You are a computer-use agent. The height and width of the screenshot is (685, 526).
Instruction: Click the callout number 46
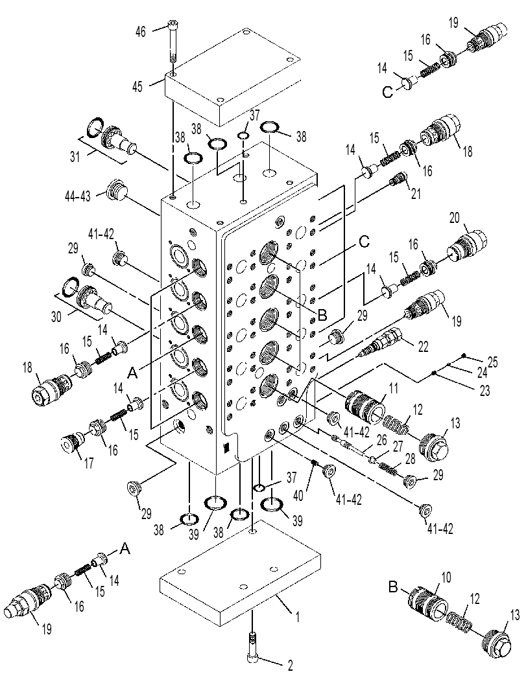(140, 32)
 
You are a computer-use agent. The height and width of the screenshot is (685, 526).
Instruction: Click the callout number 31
(76, 156)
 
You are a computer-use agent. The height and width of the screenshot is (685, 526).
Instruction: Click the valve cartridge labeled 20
(467, 246)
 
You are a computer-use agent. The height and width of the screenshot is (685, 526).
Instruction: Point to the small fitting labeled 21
(398, 178)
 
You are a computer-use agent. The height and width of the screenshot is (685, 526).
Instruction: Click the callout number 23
(484, 389)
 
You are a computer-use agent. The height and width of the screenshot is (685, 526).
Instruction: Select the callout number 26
(382, 440)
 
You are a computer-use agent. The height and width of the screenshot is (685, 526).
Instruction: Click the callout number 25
(492, 362)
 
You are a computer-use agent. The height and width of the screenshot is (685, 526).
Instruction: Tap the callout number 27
(398, 446)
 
